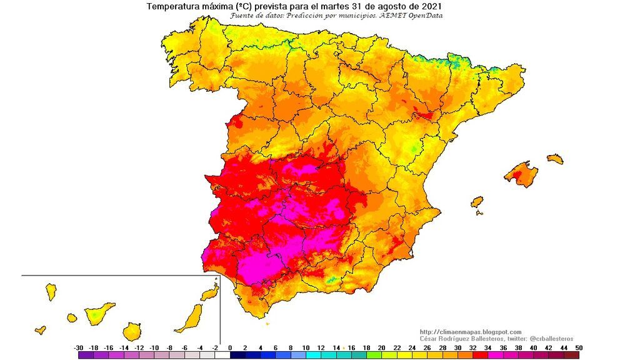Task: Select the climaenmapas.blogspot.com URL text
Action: pyautogui.click(x=471, y=332)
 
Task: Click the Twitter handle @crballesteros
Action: pyautogui.click(x=545, y=338)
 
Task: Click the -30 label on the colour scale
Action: pyautogui.click(x=79, y=347)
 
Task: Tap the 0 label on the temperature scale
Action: pyautogui.click(x=230, y=347)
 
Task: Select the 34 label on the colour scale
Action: pyautogui.click(x=488, y=347)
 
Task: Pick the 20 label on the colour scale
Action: pyautogui.click(x=382, y=347)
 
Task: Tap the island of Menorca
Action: pyautogui.click(x=554, y=159)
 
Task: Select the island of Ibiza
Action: pyautogui.click(x=477, y=202)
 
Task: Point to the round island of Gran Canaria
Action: pyautogui.click(x=132, y=331)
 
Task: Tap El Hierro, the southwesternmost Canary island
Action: pyautogui.click(x=41, y=329)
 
